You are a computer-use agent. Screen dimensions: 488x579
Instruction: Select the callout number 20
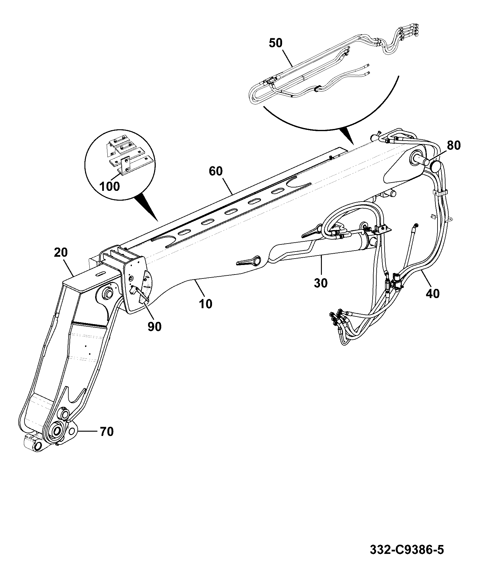61,253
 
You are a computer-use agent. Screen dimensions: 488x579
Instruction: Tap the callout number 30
321,283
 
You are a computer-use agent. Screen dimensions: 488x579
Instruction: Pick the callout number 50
276,43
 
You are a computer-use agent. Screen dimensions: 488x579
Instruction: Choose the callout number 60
216,171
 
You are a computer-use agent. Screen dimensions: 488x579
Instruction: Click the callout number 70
106,432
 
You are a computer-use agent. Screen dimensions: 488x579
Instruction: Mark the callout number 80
453,145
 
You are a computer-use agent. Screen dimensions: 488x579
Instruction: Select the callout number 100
110,186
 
